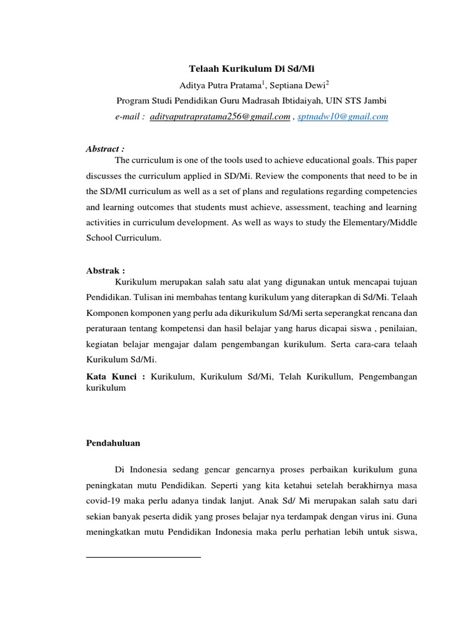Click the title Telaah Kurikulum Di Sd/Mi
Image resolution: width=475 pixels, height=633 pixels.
251,69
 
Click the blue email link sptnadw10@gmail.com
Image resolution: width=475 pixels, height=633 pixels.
343,116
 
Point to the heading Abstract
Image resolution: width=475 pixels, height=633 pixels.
104,149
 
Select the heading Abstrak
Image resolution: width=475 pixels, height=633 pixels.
104,270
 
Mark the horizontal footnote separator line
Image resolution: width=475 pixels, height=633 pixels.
143,558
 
